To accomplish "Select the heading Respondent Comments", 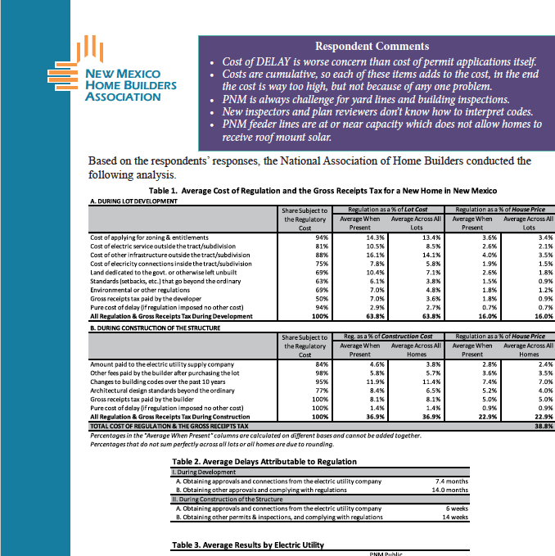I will coord(372,47).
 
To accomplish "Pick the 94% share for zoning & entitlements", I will coord(322,237).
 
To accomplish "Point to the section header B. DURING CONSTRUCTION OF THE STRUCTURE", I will coord(156,328).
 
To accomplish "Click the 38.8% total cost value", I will coord(544,427).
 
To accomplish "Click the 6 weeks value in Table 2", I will coord(455,509).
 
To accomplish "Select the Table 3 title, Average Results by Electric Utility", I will coord(247,544).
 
